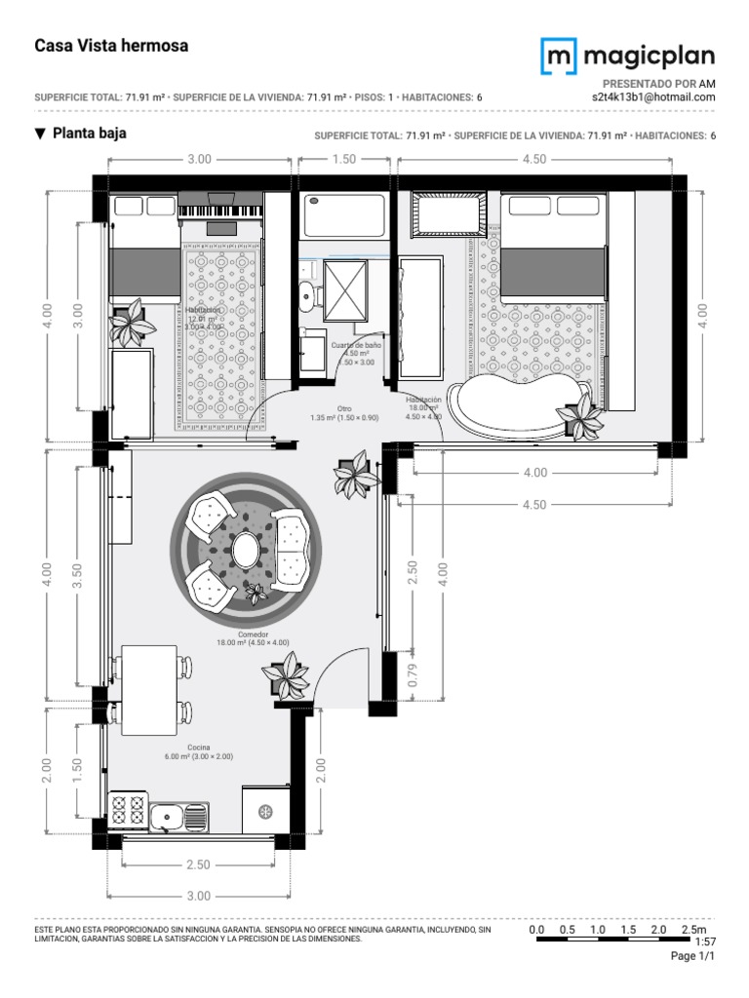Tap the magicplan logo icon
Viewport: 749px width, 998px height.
click(558, 57)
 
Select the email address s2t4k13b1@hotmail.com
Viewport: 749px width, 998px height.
click(653, 97)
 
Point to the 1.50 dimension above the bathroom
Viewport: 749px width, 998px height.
click(344, 159)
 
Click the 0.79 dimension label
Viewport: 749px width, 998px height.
click(413, 674)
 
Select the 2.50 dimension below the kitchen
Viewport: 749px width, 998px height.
click(198, 864)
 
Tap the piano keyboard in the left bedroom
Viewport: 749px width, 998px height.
click(220, 211)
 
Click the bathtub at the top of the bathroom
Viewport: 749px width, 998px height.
click(344, 215)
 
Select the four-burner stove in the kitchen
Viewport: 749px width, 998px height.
click(129, 811)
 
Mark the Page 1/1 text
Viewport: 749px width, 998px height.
click(693, 957)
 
